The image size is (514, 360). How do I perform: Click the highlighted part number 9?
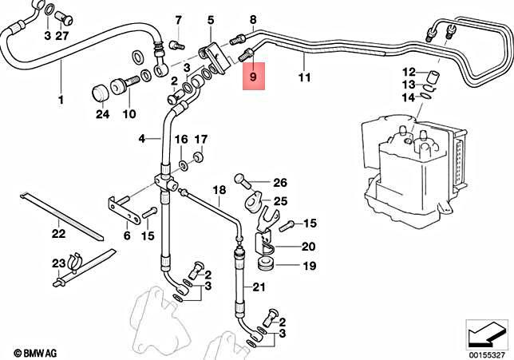[x=253, y=78]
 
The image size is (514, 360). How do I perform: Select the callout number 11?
[x=303, y=78]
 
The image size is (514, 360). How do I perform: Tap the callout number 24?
[x=101, y=115]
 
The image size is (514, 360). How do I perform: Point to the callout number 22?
[x=58, y=235]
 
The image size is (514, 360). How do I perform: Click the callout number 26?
[x=280, y=182]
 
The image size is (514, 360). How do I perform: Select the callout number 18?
[x=219, y=190]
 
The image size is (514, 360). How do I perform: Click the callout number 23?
[x=58, y=263]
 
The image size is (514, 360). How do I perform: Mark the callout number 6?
[x=127, y=235]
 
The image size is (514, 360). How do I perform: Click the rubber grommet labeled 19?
[x=266, y=264]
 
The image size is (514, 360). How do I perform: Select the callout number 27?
[x=62, y=36]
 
